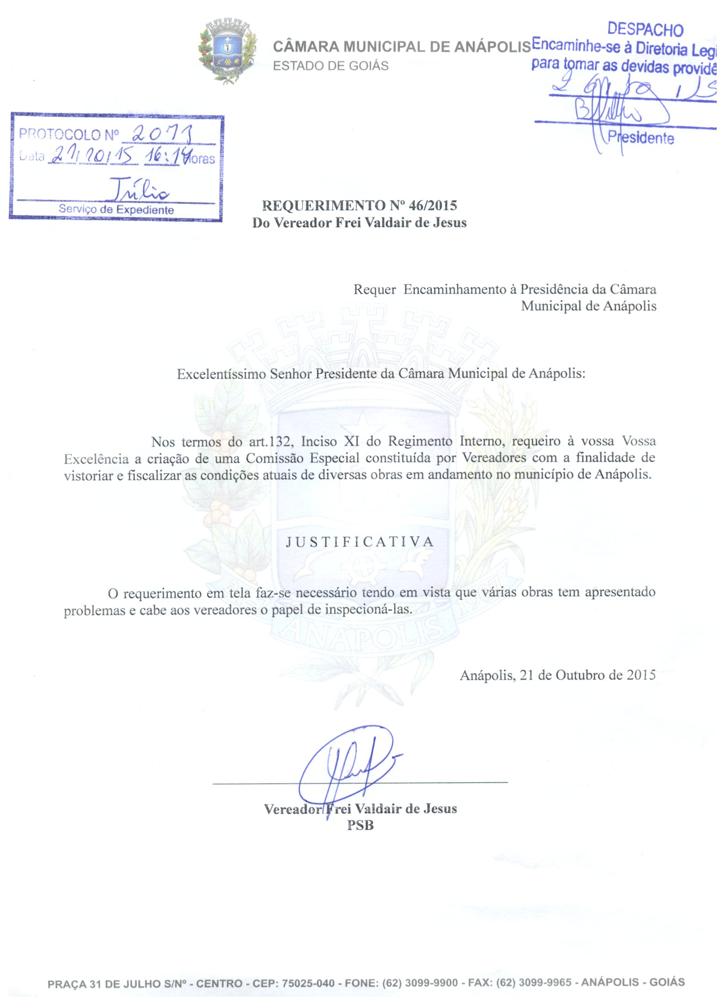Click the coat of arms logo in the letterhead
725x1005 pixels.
point(227,51)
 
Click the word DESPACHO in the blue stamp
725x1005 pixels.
point(645,30)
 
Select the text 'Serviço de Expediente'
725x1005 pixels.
point(116,210)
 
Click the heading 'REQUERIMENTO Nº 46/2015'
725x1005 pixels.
point(359,206)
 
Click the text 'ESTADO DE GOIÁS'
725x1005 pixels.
point(331,66)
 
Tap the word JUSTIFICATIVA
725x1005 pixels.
point(360,541)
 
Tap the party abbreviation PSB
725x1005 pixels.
point(360,826)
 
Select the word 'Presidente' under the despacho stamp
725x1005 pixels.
point(641,138)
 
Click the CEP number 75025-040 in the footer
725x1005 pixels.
point(308,983)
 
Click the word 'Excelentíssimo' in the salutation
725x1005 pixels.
point(221,375)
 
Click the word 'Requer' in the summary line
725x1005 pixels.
point(375,290)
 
